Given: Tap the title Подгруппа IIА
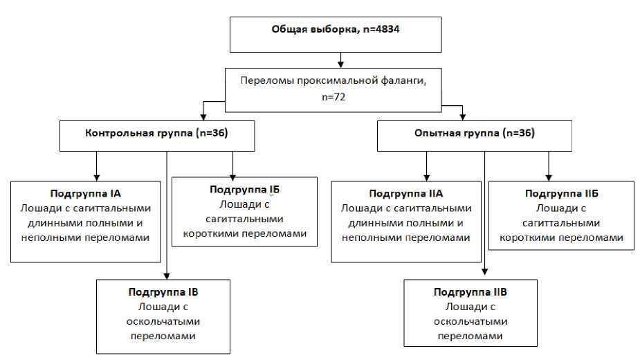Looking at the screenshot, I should [406, 193].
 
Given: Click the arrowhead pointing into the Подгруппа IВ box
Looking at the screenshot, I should [167, 274].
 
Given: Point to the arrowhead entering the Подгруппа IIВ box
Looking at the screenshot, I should [484, 275].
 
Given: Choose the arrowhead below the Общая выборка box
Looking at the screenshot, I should [340, 65].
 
